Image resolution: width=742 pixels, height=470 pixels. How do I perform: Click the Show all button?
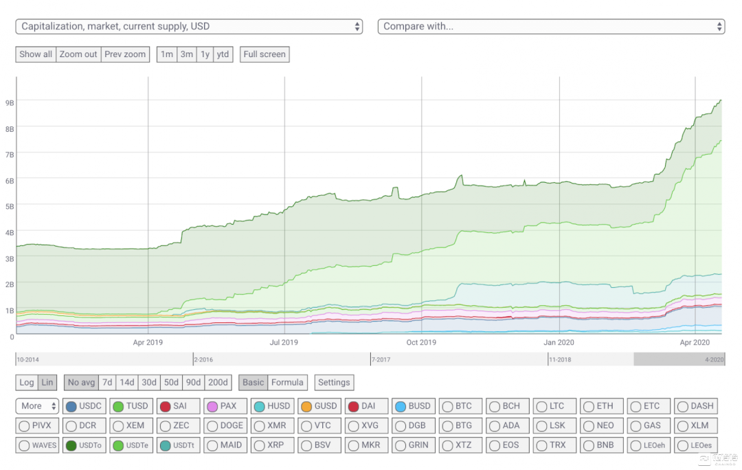tap(36, 54)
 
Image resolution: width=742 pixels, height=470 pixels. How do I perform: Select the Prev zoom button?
tap(125, 54)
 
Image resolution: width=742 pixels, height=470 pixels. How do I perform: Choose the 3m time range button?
tap(186, 54)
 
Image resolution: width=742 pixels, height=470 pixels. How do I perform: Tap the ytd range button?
tap(223, 54)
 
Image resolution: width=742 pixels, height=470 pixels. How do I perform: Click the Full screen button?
tap(265, 54)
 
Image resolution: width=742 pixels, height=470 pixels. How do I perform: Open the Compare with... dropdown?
tap(551, 26)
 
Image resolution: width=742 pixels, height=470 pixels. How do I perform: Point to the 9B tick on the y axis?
tap(10, 102)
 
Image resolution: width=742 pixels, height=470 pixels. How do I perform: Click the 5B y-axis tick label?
tap(10, 205)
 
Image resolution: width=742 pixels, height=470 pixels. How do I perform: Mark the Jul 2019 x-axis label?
tap(284, 342)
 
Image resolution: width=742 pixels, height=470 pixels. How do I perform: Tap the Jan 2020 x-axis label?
tap(559, 342)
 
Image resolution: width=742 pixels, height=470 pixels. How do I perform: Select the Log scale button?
tap(27, 382)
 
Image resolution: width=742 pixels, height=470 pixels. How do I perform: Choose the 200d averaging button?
tap(218, 382)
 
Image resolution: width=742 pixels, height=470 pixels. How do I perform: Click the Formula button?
tap(287, 382)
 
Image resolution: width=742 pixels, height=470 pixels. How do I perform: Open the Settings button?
tap(334, 382)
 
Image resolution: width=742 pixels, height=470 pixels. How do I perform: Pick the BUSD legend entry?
tap(413, 406)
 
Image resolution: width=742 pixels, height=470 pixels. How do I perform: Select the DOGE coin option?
tap(225, 425)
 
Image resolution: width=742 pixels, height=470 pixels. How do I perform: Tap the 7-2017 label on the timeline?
tap(382, 359)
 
